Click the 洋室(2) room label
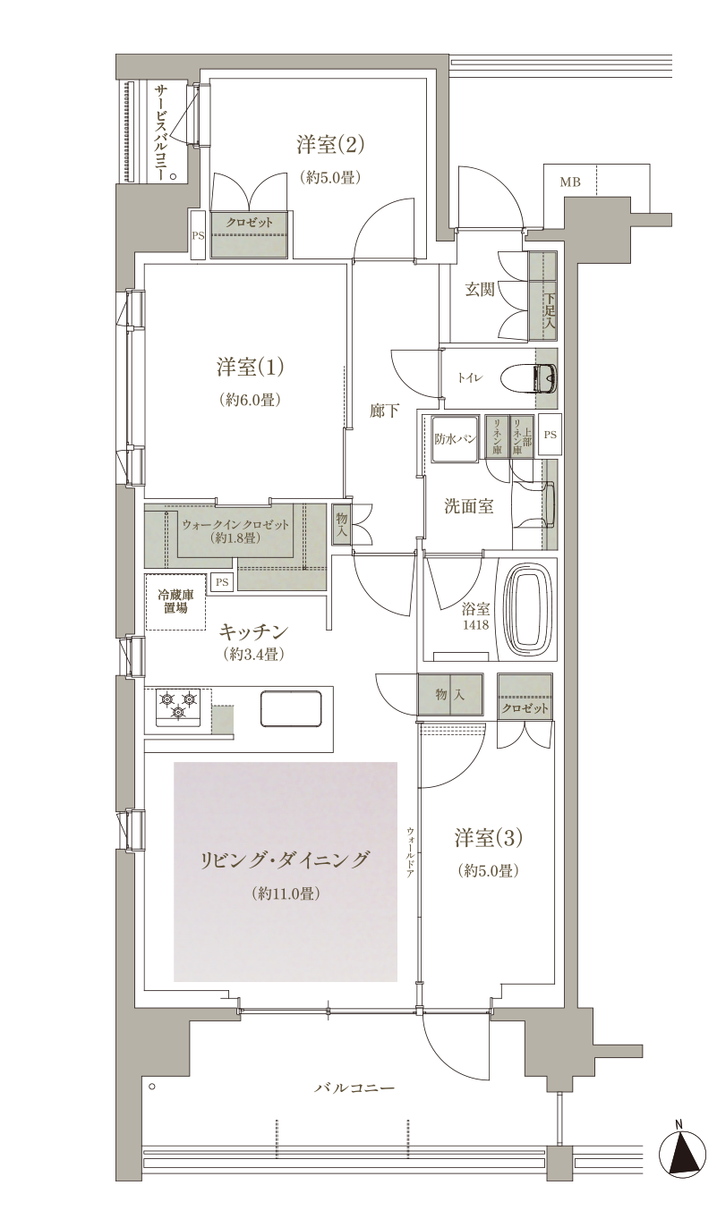330,145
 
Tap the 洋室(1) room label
250,368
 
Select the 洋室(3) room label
488,838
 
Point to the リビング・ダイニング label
285,859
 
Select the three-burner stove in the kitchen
177,707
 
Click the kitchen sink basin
290,708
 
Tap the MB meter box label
570,182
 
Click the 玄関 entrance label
480,290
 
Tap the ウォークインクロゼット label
235,526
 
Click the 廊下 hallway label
385,411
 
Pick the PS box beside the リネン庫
551,435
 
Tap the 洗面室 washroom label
469,506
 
